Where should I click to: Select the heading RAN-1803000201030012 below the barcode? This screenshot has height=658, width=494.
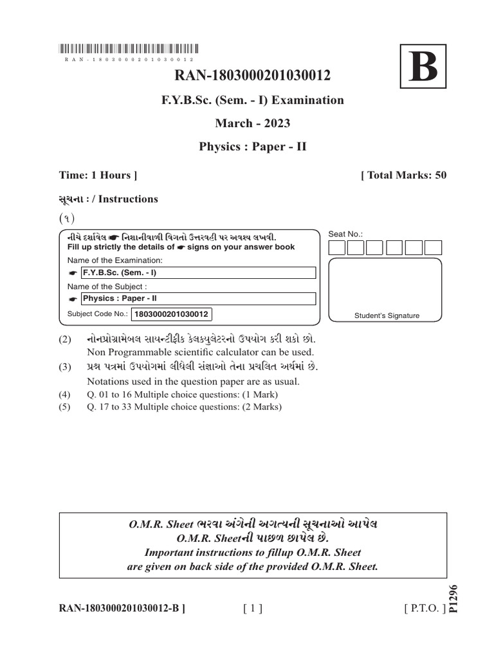[252, 76]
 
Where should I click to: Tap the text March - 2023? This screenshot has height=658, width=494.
[252, 123]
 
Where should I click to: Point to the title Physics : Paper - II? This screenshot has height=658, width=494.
[252, 147]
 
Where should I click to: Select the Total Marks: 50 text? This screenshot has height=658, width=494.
[404, 175]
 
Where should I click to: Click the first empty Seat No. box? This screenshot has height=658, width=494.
[337, 248]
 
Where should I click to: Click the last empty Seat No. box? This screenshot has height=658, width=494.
[434, 248]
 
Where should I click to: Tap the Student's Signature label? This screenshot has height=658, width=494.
[387, 316]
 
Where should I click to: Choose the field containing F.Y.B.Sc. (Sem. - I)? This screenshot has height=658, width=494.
[198, 273]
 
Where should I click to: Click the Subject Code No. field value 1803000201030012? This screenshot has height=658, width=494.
[171, 314]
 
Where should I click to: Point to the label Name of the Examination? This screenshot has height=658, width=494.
[114, 260]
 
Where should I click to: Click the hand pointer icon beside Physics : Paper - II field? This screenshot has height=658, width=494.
[73, 299]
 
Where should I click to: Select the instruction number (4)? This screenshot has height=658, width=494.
[64, 395]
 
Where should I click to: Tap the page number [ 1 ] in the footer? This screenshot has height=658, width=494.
[253, 607]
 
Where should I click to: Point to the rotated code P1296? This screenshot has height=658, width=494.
[454, 599]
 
